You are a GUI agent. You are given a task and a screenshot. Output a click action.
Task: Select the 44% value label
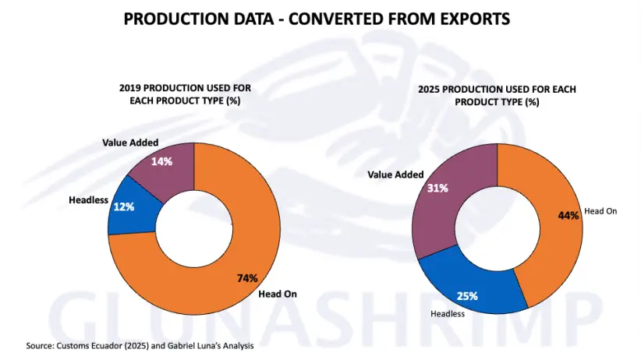coord(568,215)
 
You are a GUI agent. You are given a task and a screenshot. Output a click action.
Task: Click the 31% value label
coord(437,188)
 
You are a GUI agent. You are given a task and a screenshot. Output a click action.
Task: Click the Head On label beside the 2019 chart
coord(277,294)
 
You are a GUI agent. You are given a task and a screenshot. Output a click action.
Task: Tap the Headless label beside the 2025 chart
coord(448,313)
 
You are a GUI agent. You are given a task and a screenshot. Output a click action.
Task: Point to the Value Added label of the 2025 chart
coord(395,175)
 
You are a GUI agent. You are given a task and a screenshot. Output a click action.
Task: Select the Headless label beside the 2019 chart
coord(88,200)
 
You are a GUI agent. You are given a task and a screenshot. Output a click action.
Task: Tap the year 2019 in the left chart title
coord(132,88)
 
